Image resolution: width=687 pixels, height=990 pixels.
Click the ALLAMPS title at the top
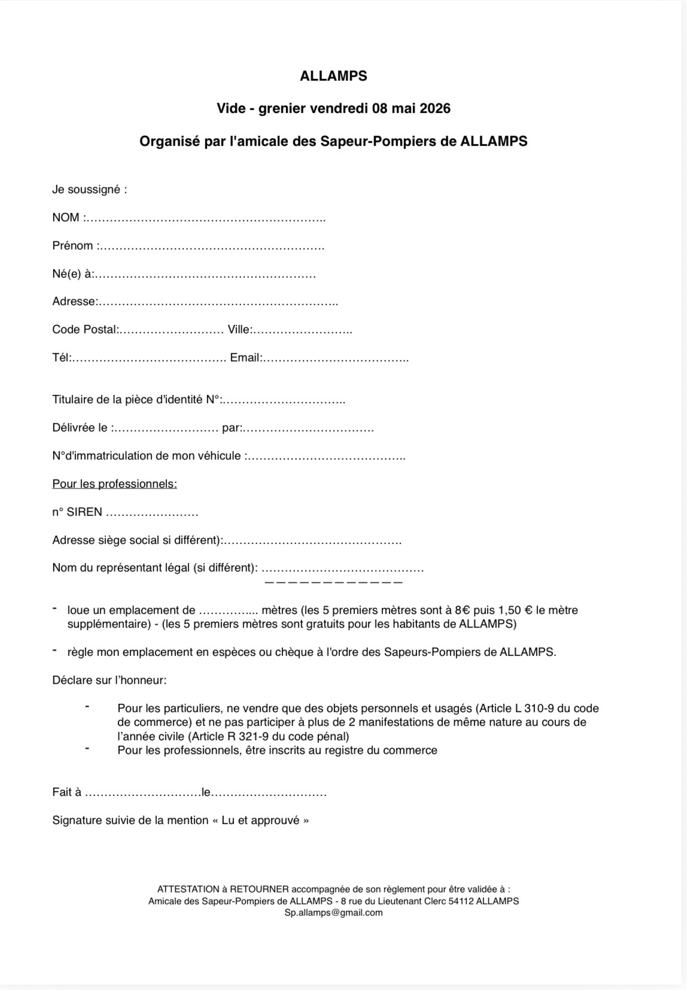[333, 76]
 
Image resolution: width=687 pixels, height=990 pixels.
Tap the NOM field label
[66, 217]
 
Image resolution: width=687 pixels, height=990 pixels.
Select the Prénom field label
[73, 245]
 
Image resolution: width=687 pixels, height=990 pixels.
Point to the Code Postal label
[84, 329]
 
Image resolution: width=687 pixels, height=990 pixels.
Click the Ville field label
[239, 329]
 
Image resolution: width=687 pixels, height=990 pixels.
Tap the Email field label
[245, 357]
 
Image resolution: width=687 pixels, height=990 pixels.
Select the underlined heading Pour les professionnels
[114, 484]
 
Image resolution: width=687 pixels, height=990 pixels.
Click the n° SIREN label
[77, 512]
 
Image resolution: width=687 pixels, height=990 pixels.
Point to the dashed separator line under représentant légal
[333, 582]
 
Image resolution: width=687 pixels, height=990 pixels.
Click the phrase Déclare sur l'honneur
[109, 680]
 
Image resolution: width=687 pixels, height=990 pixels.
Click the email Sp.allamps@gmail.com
[333, 912]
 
